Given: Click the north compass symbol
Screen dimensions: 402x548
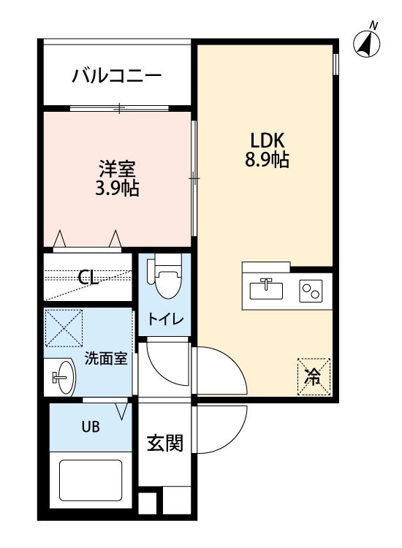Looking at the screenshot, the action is pos(366,44).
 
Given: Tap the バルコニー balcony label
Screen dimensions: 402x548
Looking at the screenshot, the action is pos(117,75).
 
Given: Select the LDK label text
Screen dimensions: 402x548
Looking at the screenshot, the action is pos(267,140).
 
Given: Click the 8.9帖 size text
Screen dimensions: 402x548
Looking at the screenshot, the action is pos(267,160).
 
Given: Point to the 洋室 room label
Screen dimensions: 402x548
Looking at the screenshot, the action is pos(117,169).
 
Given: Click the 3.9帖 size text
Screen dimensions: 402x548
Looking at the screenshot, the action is pos(117,188).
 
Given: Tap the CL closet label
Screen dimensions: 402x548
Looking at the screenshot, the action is pos(88,278).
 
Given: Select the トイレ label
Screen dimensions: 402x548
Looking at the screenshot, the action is pos(165,319).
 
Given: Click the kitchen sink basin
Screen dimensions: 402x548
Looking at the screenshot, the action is pos(266,290).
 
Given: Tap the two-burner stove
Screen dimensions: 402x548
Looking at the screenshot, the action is pos(311,291).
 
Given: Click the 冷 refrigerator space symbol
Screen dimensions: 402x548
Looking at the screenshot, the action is pos(314,377).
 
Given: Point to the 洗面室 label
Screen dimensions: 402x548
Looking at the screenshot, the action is pos(106,359).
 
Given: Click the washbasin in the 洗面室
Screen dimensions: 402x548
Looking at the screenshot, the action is pos(63,378).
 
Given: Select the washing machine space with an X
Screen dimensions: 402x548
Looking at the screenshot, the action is pos(64,328).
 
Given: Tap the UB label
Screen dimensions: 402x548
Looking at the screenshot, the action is pos(91,427).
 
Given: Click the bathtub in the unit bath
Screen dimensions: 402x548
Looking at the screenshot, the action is pos(91,480).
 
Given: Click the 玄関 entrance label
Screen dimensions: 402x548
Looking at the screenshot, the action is pos(165,444).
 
